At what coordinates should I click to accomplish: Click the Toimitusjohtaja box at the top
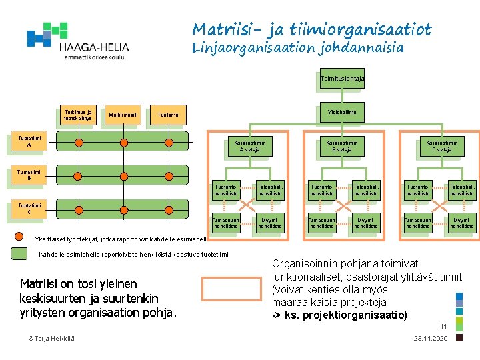coord(341,79)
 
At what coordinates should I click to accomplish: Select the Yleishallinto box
coord(341,112)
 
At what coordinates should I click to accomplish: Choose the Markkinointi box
coord(123,115)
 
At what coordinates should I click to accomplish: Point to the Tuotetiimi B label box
coord(29,175)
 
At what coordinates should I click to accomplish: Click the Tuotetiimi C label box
coord(29,208)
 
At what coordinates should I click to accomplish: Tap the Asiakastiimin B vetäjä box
coord(341,146)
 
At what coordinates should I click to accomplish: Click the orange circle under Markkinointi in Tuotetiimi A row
coord(123,143)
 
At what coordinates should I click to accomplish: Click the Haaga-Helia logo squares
coord(47,34)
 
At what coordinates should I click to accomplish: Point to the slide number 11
coord(443,326)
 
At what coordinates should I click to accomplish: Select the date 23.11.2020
coord(430,339)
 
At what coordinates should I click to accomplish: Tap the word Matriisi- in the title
coord(223,29)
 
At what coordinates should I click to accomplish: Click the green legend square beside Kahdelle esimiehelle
coord(21,254)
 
